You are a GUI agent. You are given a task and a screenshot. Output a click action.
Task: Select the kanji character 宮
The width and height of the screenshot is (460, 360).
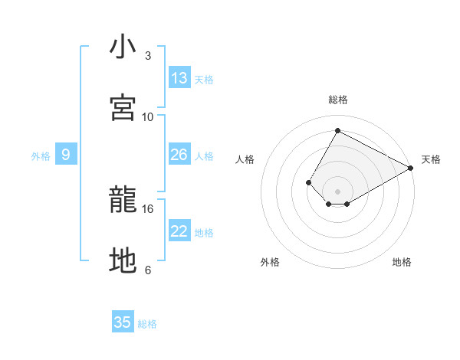point(123,108)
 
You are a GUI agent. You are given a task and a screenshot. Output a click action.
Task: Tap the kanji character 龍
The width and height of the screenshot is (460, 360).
point(123,201)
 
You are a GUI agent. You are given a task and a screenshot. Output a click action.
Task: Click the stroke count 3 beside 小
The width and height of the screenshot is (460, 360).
point(148,56)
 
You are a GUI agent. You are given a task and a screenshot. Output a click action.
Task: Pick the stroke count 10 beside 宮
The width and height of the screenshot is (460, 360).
point(148,116)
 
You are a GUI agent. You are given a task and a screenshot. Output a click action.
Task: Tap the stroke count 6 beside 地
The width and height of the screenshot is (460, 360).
point(148,270)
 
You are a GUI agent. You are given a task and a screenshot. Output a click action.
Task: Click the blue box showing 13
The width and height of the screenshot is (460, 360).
point(179,78)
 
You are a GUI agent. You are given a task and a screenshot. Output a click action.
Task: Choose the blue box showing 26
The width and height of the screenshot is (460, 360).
point(179,155)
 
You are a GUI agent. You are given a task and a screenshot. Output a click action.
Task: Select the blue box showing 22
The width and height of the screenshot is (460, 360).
point(179,231)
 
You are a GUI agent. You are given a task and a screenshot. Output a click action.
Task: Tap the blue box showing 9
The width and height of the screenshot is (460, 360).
point(66,155)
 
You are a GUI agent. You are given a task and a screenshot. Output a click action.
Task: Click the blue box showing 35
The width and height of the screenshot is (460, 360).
point(123,322)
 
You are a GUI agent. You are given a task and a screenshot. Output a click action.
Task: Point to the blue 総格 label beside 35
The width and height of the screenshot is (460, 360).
point(147,324)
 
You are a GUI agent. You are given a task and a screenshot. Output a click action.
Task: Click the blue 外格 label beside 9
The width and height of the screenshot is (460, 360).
point(41,156)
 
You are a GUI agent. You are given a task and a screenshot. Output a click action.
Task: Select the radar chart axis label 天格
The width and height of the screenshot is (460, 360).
point(431,159)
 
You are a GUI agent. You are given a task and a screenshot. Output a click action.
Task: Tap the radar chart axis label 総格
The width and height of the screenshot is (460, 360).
point(338,100)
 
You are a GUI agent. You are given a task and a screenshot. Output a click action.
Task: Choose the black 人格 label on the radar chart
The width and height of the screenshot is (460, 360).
point(245,159)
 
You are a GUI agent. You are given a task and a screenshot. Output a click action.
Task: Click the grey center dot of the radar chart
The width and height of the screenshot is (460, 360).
point(338,191)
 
